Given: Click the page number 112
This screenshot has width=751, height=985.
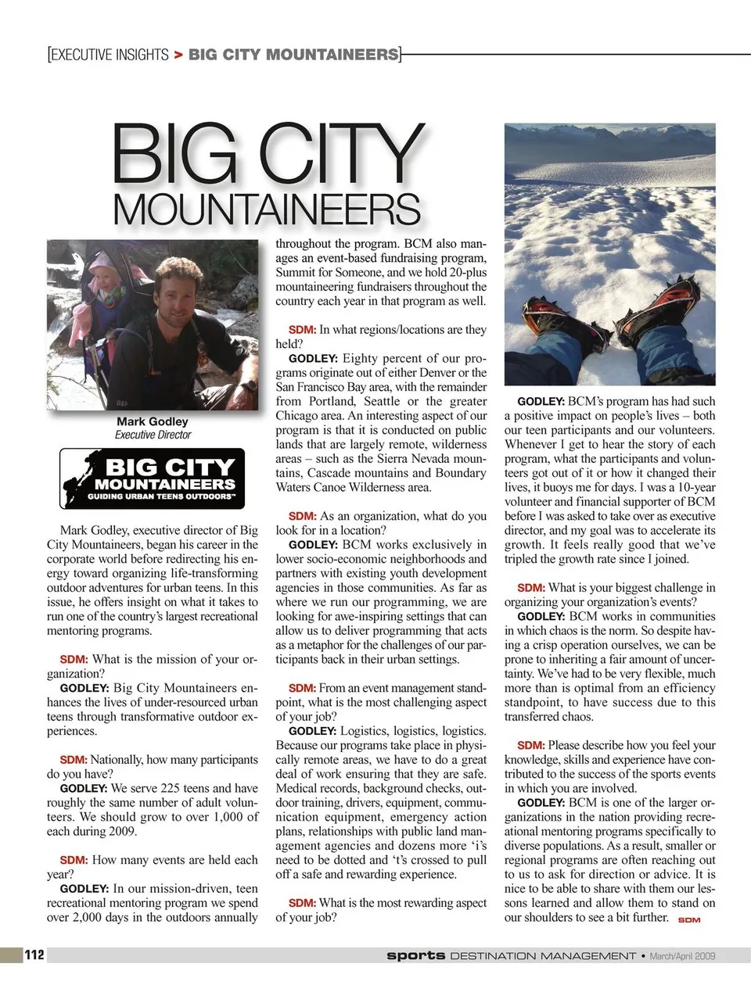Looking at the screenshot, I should [x=34, y=955].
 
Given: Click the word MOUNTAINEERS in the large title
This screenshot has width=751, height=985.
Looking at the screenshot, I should [x=267, y=209].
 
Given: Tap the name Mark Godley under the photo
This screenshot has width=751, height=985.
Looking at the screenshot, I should [x=153, y=421].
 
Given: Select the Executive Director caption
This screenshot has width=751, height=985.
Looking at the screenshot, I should [x=153, y=435].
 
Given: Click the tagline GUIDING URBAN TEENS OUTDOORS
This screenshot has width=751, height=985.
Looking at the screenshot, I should [x=161, y=496].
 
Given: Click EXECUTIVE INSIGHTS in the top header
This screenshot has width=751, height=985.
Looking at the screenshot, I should [x=110, y=55].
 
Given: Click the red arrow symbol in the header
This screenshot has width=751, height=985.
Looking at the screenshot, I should [x=178, y=55].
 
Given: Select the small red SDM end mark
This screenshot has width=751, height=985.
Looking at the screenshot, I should [x=689, y=920].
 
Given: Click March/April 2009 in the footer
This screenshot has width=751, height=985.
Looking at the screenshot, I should [x=682, y=955].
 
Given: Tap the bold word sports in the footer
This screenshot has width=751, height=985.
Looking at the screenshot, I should [x=415, y=955].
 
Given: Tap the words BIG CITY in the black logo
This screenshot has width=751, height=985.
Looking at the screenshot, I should [x=170, y=467].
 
